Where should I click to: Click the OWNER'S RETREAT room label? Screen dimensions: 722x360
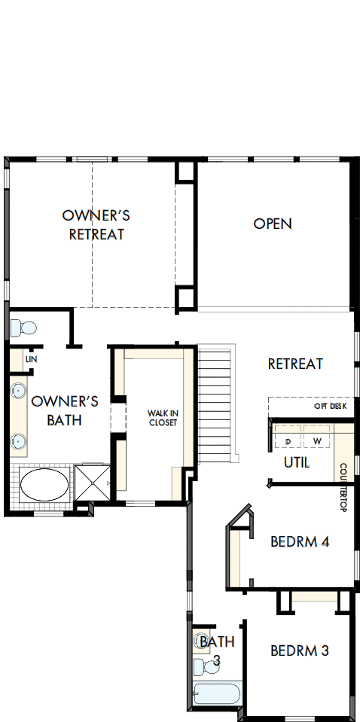(96, 224)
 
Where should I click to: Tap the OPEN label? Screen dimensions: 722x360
(272, 224)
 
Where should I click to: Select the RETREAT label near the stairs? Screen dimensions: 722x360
(295, 364)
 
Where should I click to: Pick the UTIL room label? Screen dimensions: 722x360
(296, 462)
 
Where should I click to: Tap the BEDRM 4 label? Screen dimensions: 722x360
(299, 541)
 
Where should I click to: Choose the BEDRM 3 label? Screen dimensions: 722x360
(299, 650)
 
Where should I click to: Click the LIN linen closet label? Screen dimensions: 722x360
(31, 360)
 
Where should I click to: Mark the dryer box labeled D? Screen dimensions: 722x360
(288, 440)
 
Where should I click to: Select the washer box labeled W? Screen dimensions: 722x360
(316, 440)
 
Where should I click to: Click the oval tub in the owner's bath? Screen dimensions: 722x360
(43, 486)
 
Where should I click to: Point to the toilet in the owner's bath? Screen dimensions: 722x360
(25, 328)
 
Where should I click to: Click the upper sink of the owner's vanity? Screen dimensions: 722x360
(19, 391)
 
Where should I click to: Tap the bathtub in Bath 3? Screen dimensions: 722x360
(216, 693)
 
